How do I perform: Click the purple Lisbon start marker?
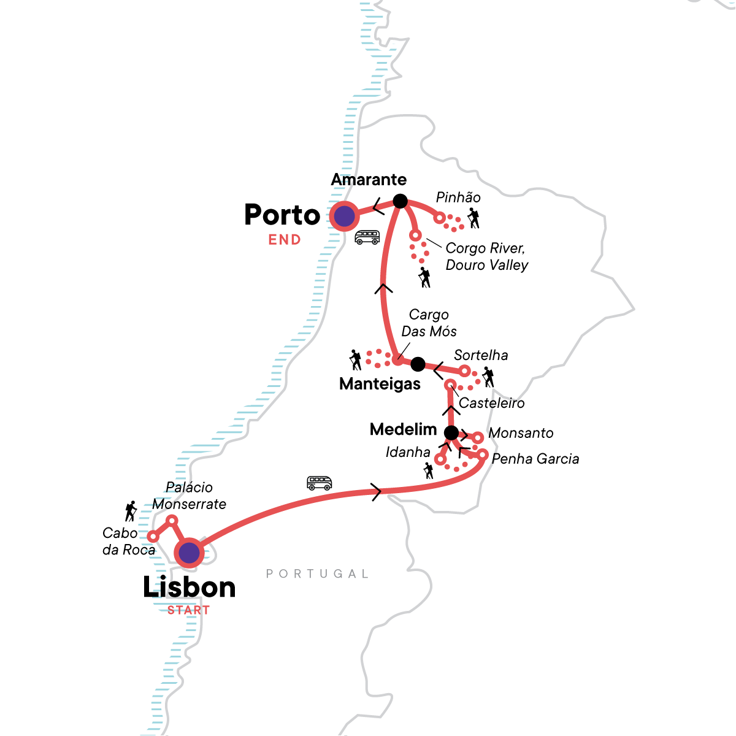[x=190, y=553]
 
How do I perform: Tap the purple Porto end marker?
[x=344, y=216]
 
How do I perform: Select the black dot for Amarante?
[x=400, y=201]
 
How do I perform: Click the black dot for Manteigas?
[x=418, y=364]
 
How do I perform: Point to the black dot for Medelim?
[x=451, y=433]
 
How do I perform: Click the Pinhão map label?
[x=458, y=197]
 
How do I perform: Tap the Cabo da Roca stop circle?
[x=153, y=537]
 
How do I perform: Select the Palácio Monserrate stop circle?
[x=172, y=521]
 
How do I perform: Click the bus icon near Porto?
[x=367, y=237]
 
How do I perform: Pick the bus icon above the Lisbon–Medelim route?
[x=319, y=483]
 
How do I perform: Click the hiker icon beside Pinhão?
[x=473, y=218]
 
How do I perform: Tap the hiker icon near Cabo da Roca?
[x=130, y=511]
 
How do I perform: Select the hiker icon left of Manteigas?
[x=355, y=360]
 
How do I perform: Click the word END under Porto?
[x=285, y=240]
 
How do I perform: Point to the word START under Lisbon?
[x=188, y=610]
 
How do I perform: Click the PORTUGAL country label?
[x=317, y=574]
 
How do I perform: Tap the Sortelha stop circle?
[x=464, y=370]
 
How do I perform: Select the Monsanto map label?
[x=521, y=433]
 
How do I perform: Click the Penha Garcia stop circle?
[x=483, y=455]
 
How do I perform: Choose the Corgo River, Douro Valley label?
[x=486, y=256]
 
